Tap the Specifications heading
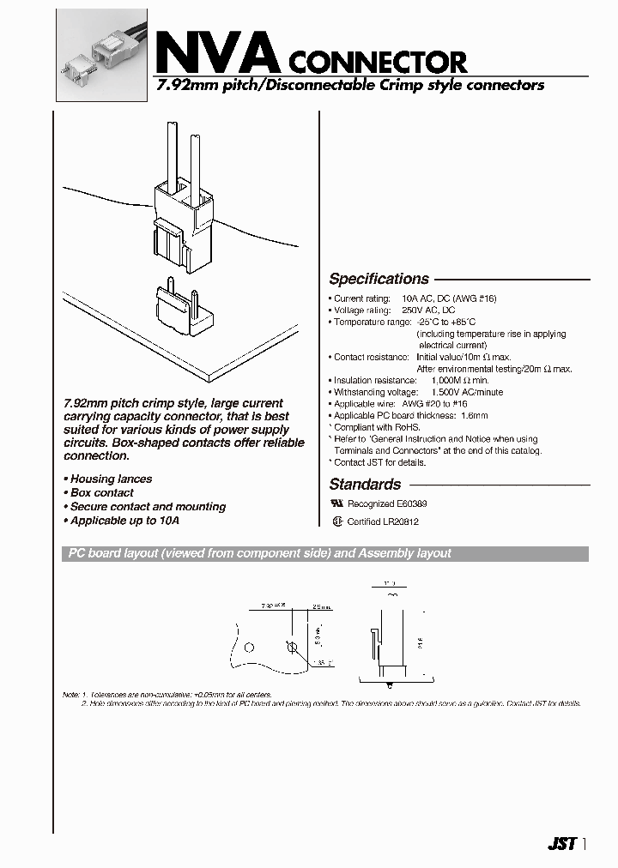[379, 279]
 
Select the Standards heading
[365, 484]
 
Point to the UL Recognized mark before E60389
[336, 504]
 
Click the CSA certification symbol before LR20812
[336, 521]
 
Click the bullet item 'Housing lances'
[110, 479]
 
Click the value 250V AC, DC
[425, 310]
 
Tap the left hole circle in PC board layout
[248, 646]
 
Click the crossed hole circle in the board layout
[291, 646]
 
